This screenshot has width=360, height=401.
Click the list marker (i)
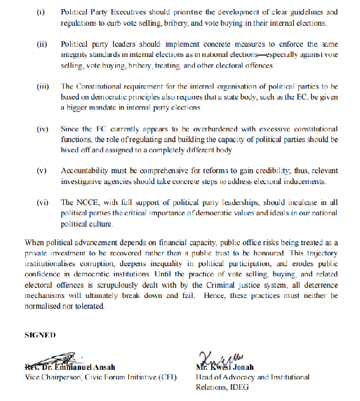(41, 13)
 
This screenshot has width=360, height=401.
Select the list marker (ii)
(41, 44)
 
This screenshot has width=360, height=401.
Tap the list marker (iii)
(43, 86)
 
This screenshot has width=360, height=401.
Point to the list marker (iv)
(42, 129)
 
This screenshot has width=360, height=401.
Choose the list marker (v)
(41, 171)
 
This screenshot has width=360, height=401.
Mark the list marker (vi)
(42, 203)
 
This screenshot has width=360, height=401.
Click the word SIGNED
(40, 333)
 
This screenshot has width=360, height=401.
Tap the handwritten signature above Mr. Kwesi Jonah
(214, 357)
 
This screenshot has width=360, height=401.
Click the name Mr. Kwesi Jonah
(224, 367)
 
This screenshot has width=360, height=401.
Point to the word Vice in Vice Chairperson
(32, 377)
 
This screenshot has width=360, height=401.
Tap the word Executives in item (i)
(131, 13)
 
